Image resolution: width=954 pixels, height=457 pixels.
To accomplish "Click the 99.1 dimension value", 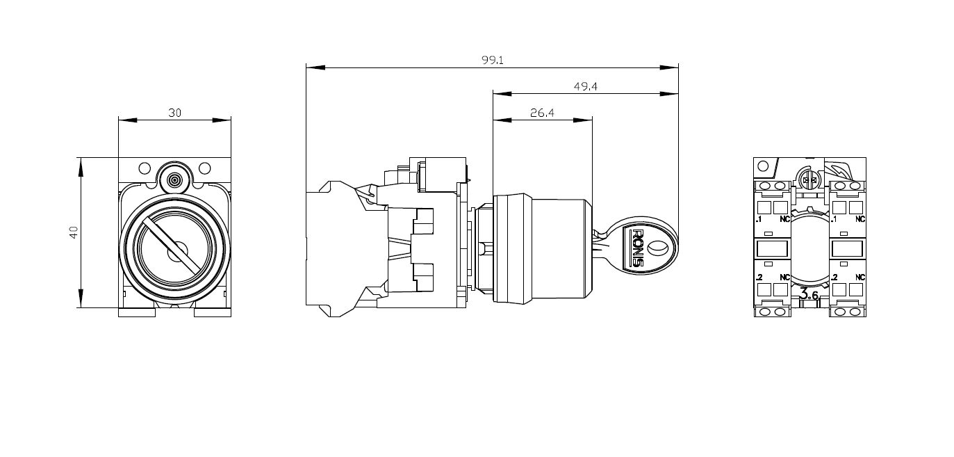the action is (493, 60).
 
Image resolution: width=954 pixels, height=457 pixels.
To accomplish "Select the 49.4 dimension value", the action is (586, 86).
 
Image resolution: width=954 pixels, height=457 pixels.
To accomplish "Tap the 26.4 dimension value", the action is (542, 113).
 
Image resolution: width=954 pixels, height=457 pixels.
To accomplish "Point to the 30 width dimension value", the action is (174, 113).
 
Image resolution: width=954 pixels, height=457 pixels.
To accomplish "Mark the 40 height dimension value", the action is (74, 232).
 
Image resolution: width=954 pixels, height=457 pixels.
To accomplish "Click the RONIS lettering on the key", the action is (638, 248).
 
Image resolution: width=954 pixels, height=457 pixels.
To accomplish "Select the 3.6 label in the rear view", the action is (809, 294).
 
